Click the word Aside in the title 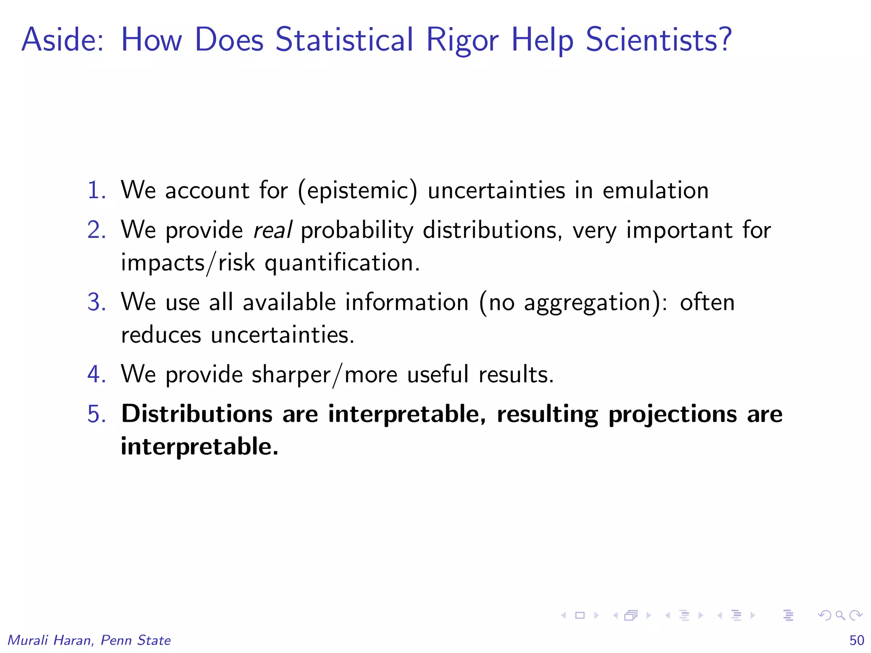(x=62, y=40)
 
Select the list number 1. (x=96, y=190)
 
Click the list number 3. (x=96, y=302)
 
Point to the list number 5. (x=96, y=414)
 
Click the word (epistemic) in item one (x=357, y=191)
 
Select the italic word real (x=272, y=230)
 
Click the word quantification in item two (x=342, y=263)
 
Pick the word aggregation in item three (x=587, y=303)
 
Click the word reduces (x=161, y=335)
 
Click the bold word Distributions (x=196, y=414)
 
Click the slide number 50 (x=857, y=640)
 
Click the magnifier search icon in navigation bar (x=840, y=615)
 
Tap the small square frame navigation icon (x=580, y=615)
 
